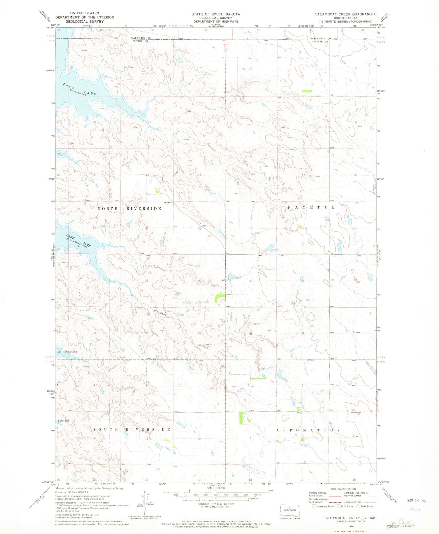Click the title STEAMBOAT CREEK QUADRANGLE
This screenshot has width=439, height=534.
[x=345, y=14]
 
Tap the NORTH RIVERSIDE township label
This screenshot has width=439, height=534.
[x=129, y=208]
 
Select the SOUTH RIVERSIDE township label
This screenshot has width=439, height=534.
[x=132, y=429]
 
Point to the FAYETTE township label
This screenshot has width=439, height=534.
[x=311, y=207]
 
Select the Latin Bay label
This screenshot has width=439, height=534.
[x=64, y=421]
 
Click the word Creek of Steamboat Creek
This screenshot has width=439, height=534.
[x=207, y=344]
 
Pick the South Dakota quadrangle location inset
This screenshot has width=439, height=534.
[x=290, y=511]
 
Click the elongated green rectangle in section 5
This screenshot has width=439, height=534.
[x=307, y=91]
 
